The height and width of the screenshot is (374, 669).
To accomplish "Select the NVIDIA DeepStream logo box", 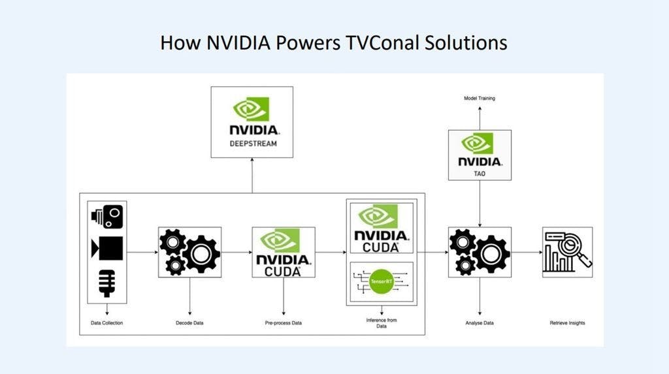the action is pyautogui.click(x=252, y=122).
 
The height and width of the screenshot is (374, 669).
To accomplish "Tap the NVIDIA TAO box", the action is pyautogui.click(x=480, y=155).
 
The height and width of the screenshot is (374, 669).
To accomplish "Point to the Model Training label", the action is pyautogui.click(x=480, y=98).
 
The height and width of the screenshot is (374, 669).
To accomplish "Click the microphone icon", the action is pyautogui.click(x=106, y=283).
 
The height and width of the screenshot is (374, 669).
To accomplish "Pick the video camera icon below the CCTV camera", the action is pyautogui.click(x=107, y=248).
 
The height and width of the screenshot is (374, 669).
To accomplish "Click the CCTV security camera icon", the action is pyautogui.click(x=107, y=217).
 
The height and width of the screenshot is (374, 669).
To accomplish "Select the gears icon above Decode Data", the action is pyautogui.click(x=189, y=252).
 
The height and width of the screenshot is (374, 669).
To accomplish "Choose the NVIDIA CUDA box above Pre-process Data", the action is pyautogui.click(x=284, y=252).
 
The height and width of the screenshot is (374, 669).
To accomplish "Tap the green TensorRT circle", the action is pyautogui.click(x=381, y=281).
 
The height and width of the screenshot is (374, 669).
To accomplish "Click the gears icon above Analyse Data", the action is pyautogui.click(x=480, y=252).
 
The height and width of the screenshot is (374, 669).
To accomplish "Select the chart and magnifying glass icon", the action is pyautogui.click(x=567, y=252).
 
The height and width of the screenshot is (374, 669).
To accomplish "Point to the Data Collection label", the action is pyautogui.click(x=106, y=323).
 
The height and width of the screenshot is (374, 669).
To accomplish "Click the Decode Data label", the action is pyautogui.click(x=189, y=323).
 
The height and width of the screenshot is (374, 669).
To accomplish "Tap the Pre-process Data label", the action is pyautogui.click(x=284, y=323).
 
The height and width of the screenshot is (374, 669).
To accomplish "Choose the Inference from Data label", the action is pyautogui.click(x=382, y=323).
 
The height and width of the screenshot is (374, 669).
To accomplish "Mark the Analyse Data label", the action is pyautogui.click(x=480, y=323).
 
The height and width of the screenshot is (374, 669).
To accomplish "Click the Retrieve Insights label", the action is pyautogui.click(x=567, y=323).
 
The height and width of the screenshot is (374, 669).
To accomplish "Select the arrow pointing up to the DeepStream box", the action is pyautogui.click(x=252, y=176).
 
